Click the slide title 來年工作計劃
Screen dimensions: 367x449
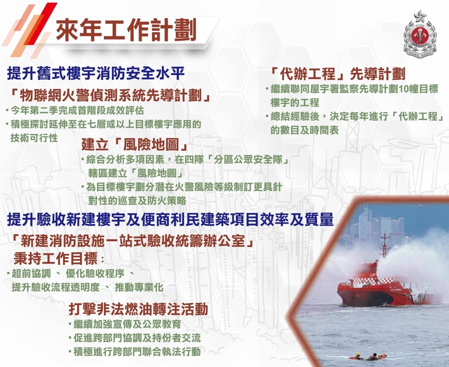[126, 31]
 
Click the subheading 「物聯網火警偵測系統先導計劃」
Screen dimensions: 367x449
[112, 95]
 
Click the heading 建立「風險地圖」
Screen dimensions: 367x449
[135, 145]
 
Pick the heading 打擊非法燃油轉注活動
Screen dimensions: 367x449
[138, 310]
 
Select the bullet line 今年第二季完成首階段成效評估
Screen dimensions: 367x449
[77, 110]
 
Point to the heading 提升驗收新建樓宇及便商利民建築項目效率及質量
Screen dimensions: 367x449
[170, 220]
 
